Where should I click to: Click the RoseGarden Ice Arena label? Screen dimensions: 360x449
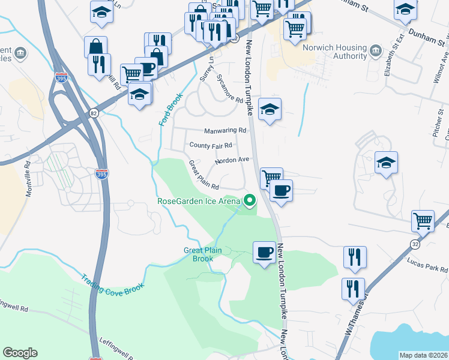pos(199,201)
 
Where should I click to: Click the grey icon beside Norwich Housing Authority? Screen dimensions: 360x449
pos(376,48)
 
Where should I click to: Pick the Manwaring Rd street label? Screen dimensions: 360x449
pos(225,130)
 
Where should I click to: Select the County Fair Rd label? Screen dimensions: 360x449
pos(210,145)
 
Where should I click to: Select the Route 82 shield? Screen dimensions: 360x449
pos(93,112)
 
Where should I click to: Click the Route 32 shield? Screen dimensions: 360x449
pos(415,243)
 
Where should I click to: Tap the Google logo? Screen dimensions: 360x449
pos(20,353)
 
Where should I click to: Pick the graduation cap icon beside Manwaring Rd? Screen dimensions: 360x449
pos(270,109)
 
